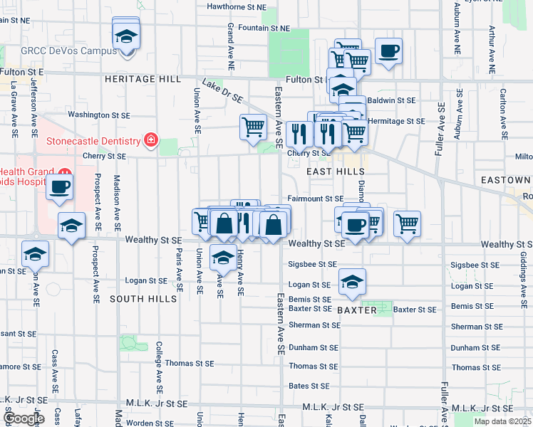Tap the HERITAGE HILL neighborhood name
(143, 79)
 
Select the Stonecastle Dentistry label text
(93, 140)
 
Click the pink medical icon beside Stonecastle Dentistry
(150, 139)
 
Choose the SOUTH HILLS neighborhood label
(143, 299)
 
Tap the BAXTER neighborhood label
(356, 311)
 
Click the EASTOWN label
(505, 180)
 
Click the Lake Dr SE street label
(223, 92)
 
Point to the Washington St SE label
(99, 114)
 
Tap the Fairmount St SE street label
(316, 199)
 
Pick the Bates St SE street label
(309, 386)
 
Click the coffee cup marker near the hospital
(59, 187)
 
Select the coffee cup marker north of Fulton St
(388, 51)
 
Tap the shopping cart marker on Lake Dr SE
(253, 127)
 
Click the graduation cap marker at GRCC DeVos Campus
(126, 36)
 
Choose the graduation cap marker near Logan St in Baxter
(352, 282)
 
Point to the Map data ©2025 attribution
(502, 421)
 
